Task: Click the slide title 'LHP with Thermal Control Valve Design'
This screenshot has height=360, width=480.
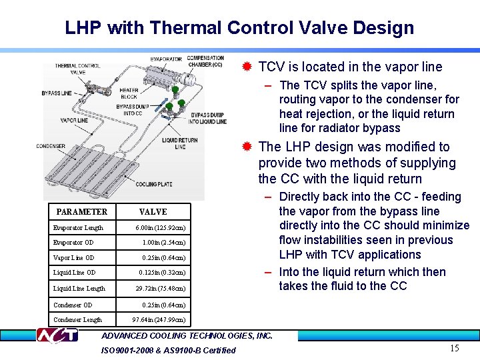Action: click(x=239, y=28)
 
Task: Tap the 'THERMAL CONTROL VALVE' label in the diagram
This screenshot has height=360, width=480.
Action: click(x=77, y=69)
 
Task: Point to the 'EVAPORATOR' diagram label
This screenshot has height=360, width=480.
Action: click(x=166, y=59)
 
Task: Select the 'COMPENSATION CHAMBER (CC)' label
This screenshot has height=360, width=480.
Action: click(x=205, y=61)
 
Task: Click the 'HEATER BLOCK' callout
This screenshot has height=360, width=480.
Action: click(x=129, y=93)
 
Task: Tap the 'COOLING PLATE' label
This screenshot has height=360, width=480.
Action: click(x=153, y=185)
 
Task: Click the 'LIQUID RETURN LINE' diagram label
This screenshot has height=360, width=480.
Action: click(x=180, y=143)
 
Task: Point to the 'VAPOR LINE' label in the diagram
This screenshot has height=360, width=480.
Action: click(x=73, y=121)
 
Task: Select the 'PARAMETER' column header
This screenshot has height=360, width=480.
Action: click(x=81, y=212)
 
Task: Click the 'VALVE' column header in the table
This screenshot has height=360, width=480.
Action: click(x=153, y=212)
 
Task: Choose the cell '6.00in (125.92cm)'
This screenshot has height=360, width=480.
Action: click(x=160, y=228)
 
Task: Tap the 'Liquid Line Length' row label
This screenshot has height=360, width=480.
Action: click(x=79, y=289)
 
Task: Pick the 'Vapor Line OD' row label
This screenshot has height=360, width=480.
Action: click(x=73, y=258)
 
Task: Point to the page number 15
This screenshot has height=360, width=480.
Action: click(x=454, y=348)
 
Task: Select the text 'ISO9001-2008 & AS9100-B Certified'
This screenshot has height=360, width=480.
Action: click(x=168, y=350)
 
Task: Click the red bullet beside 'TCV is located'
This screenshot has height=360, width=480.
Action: click(x=247, y=67)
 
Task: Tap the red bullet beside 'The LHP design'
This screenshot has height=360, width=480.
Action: click(x=247, y=147)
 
